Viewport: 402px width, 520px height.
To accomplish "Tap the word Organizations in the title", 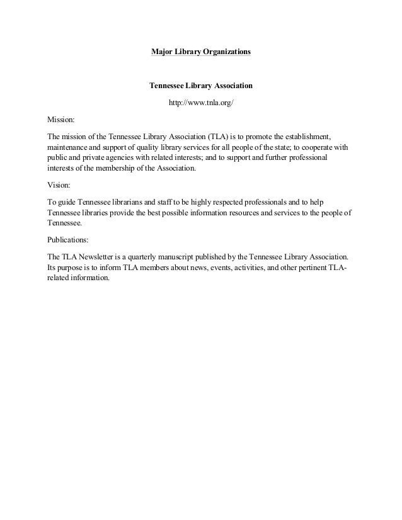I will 227,50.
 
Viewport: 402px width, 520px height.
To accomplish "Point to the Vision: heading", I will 59,186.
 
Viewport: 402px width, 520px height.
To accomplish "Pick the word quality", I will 144,147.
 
